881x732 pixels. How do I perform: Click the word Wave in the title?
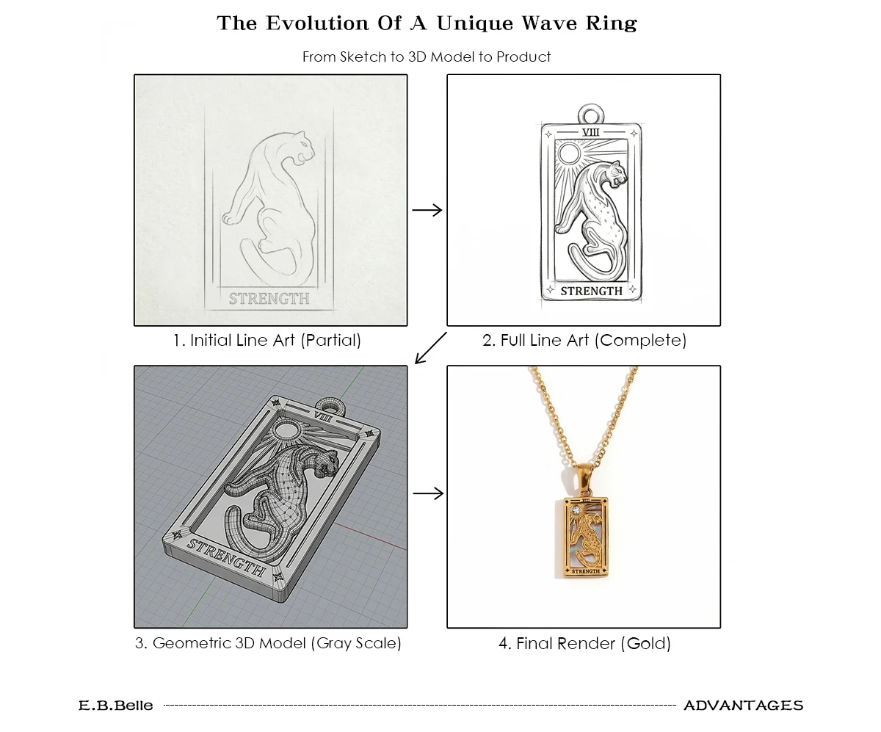[549, 23]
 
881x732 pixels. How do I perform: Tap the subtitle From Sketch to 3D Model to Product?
[427, 57]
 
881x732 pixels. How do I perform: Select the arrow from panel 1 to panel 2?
[427, 210]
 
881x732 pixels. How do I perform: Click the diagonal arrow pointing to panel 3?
[430, 348]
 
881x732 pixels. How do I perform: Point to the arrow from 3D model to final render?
[428, 493]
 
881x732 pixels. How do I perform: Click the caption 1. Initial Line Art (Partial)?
[267, 341]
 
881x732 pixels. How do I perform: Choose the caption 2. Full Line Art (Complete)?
[584, 341]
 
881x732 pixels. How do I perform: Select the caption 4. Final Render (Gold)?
[584, 643]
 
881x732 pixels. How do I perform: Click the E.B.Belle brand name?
[115, 706]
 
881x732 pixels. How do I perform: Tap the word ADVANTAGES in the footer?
[744, 706]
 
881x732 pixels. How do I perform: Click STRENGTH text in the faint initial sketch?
[269, 299]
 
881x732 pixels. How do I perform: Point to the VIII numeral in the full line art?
[590, 132]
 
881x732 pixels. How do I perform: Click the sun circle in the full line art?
[569, 153]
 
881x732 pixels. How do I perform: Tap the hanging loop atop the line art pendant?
[591, 106]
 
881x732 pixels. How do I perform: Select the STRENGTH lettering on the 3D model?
[227, 557]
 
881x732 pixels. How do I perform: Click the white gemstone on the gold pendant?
[576, 511]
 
